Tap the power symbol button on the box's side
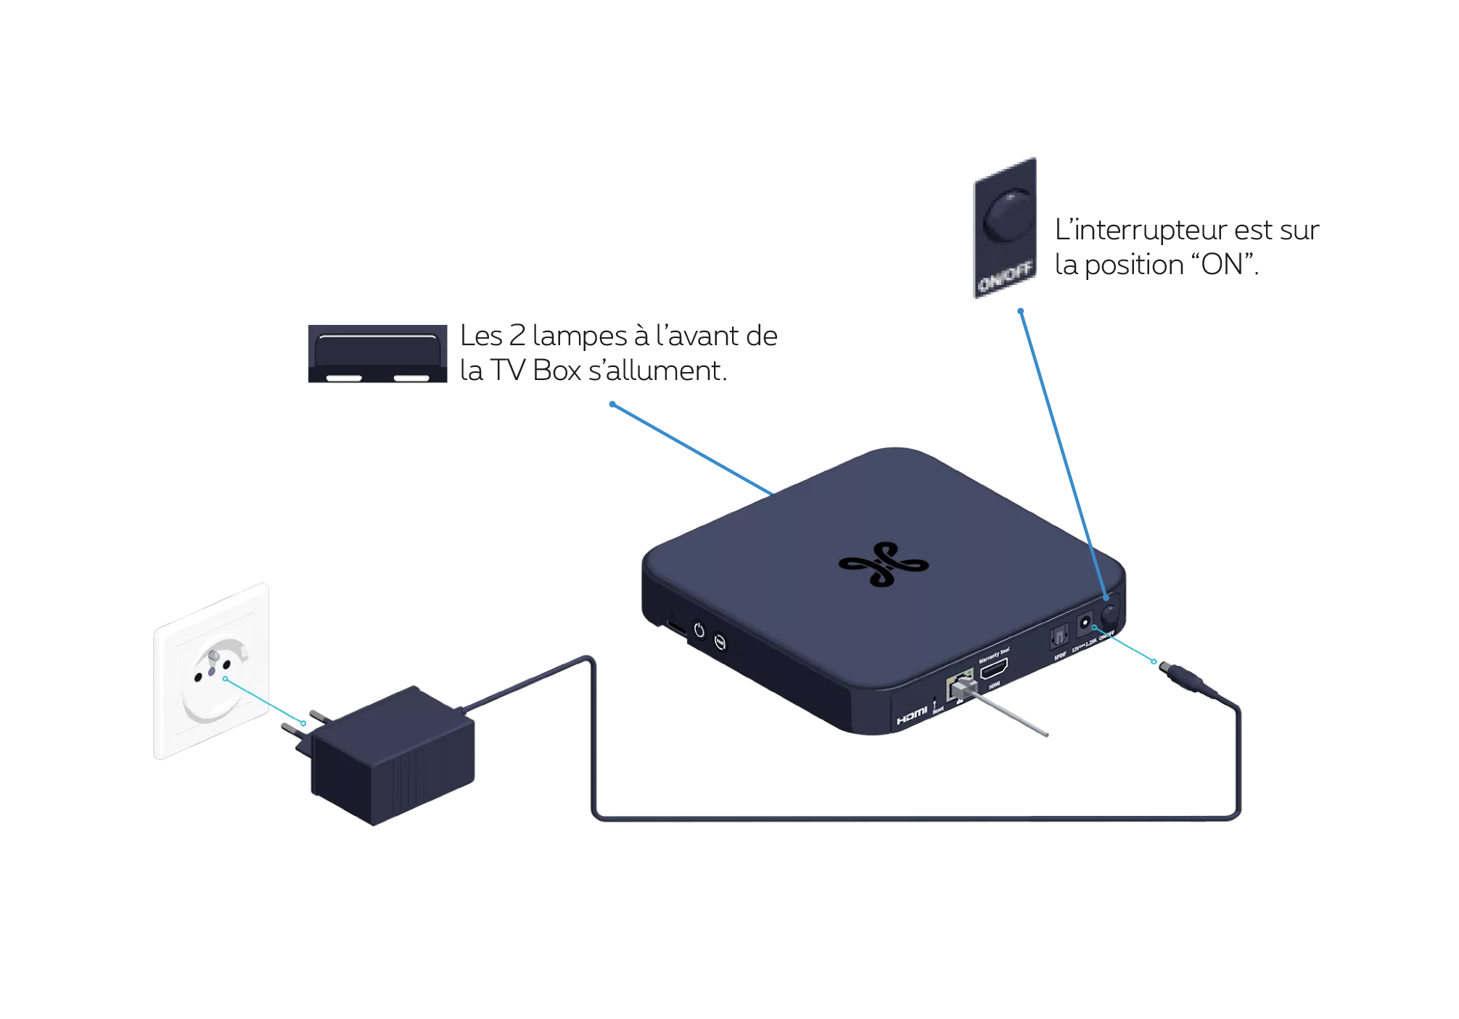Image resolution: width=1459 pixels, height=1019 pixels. click(699, 630)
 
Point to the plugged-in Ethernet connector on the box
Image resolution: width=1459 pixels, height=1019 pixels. click(960, 688)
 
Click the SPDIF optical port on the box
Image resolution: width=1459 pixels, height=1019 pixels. click(1057, 637)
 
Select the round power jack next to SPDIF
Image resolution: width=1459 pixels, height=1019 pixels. click(1086, 622)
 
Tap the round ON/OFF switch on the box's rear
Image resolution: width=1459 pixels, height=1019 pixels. click(1110, 614)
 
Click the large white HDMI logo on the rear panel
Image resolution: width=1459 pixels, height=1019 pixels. click(911, 718)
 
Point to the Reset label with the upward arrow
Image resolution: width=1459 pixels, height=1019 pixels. click(937, 706)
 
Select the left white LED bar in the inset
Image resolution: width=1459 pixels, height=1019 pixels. click(344, 378)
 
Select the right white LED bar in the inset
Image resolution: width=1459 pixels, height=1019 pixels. click(411, 378)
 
